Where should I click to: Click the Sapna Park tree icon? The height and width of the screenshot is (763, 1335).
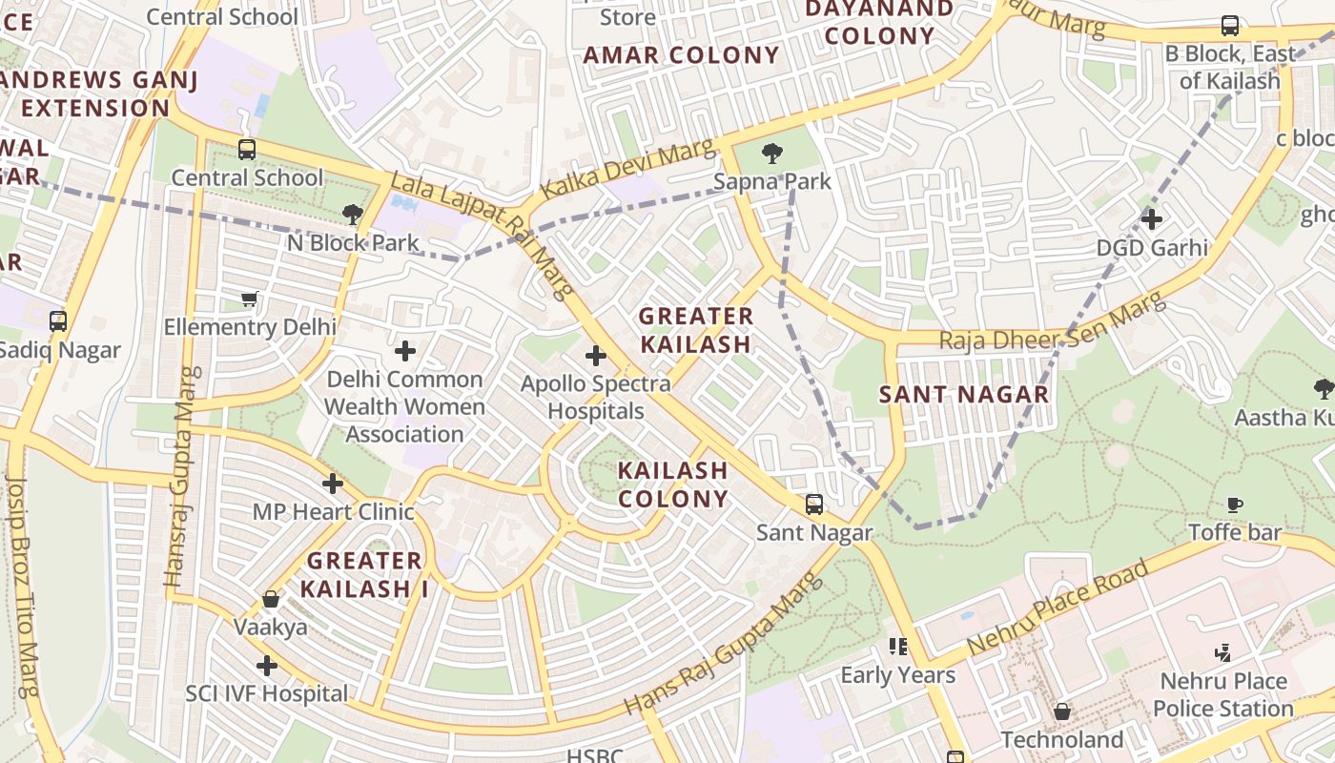point(772,153)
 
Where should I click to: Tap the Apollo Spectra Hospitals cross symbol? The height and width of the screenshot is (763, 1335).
point(596,357)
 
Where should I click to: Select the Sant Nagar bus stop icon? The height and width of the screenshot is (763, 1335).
point(814,505)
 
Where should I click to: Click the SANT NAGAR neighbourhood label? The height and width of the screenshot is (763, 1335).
point(963,394)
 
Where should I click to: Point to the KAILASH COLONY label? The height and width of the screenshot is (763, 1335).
point(672,485)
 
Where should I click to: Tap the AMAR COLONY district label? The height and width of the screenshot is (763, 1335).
point(681,55)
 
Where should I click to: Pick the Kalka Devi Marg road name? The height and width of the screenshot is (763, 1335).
point(626,170)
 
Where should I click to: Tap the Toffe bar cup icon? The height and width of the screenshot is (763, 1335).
point(1235,505)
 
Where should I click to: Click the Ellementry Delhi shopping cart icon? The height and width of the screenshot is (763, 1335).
point(250,299)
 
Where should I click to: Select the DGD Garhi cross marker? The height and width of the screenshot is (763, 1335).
point(1152,219)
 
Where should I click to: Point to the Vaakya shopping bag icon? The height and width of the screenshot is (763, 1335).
point(271,599)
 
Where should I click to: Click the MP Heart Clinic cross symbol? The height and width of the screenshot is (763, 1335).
point(333,484)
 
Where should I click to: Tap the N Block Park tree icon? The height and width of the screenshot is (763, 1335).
point(353,215)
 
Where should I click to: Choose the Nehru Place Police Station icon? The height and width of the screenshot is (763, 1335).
point(1223,653)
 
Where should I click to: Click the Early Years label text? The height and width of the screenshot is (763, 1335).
point(897,675)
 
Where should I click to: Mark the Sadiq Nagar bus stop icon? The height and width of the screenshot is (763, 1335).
point(58,321)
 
